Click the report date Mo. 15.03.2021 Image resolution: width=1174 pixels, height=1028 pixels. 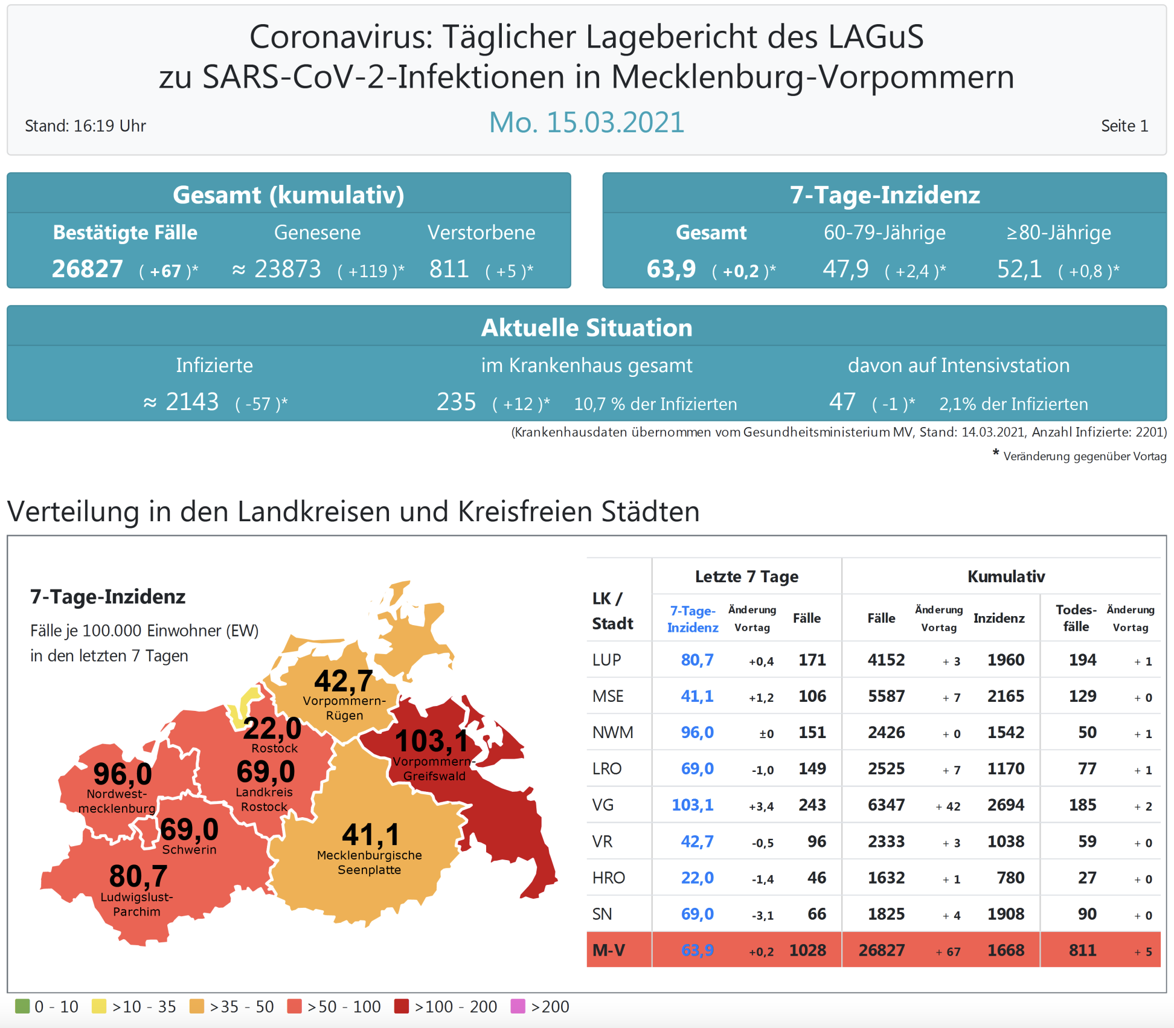pyautogui.click(x=586, y=123)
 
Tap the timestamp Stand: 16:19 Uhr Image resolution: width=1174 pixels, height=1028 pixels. pyautogui.click(x=85, y=126)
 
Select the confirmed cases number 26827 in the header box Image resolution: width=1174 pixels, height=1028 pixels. pyautogui.click(x=88, y=269)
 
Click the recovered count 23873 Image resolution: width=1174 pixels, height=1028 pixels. pyautogui.click(x=287, y=269)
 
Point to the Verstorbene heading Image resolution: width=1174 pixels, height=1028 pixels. pyautogui.click(x=481, y=233)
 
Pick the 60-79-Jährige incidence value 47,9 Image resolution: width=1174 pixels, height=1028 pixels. pyautogui.click(x=845, y=269)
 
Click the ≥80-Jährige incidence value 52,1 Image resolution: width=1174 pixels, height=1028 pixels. pyautogui.click(x=1019, y=269)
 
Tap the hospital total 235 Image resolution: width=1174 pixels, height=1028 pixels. pyautogui.click(x=457, y=402)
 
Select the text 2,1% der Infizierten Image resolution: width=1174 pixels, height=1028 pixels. pyautogui.click(x=1013, y=404)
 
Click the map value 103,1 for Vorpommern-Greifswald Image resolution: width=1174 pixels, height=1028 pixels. pyautogui.click(x=431, y=740)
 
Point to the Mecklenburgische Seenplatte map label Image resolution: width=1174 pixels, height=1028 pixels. pyautogui.click(x=369, y=863)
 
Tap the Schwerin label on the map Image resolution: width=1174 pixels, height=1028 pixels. pyautogui.click(x=189, y=850)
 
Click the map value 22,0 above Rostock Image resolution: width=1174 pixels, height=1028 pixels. pyautogui.click(x=272, y=728)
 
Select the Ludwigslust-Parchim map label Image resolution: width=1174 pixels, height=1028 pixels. pyautogui.click(x=136, y=904)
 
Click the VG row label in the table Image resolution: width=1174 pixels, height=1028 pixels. pyautogui.click(x=603, y=805)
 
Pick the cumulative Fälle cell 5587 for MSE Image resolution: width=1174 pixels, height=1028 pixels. pyautogui.click(x=886, y=696)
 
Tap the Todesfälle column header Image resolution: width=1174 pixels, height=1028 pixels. pyautogui.click(x=1076, y=618)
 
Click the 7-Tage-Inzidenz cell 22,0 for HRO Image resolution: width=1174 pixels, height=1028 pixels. pyautogui.click(x=697, y=878)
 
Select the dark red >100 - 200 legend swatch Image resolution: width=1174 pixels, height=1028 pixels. pyautogui.click(x=402, y=1006)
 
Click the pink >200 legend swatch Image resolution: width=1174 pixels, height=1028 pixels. pyautogui.click(x=518, y=1006)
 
